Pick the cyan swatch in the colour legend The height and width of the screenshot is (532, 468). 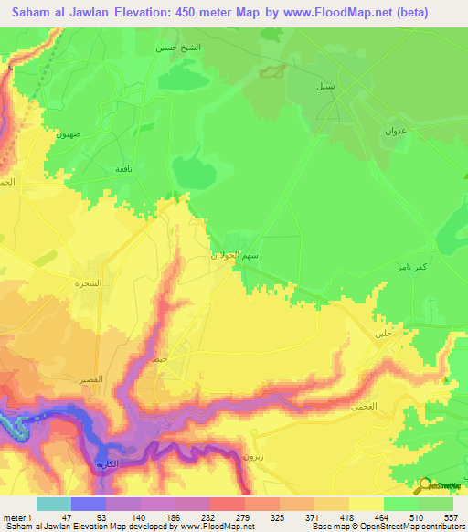coord(53,504)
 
